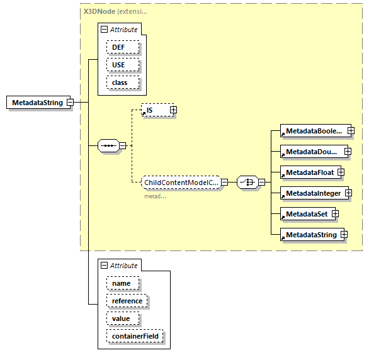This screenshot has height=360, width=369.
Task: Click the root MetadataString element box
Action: coord(37,103)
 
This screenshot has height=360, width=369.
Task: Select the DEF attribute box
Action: coord(118,47)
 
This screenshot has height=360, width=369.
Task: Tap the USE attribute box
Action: coord(118,65)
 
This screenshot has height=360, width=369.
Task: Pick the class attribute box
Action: coord(120,82)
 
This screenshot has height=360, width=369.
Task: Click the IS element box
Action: coord(155,110)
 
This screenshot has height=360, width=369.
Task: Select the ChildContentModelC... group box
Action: coord(180,183)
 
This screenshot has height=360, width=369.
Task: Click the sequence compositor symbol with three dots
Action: coord(109,146)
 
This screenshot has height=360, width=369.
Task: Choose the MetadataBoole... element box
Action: coord(313,131)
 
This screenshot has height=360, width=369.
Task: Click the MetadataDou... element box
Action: coord(311,152)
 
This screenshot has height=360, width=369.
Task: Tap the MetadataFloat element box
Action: coord(309,172)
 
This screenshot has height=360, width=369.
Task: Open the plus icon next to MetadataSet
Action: coord(336,214)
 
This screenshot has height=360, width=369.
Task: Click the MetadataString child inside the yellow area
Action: coord(310,235)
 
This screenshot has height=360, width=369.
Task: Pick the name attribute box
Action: coord(121,283)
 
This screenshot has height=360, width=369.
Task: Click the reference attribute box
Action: coord(127,301)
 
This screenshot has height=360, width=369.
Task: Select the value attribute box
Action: coord(121,318)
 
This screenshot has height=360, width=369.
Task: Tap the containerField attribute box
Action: coord(135,336)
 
